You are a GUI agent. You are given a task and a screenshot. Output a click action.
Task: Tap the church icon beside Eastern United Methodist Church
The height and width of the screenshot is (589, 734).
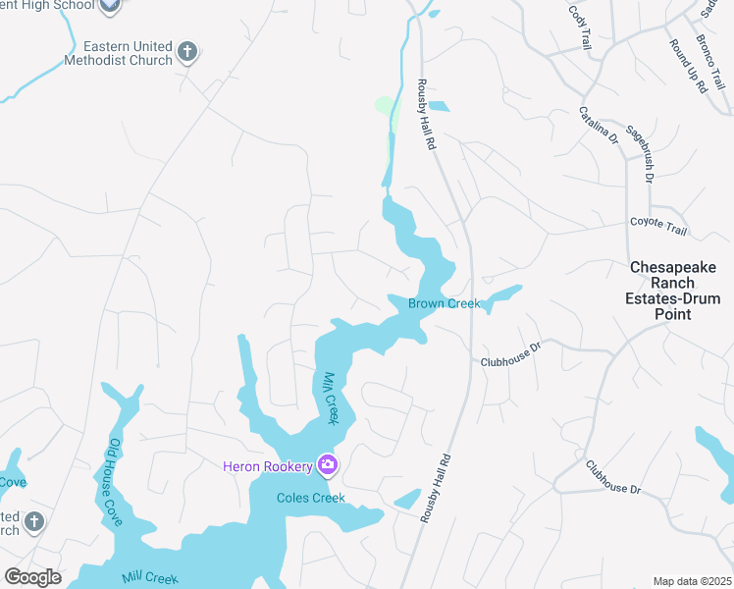pos(188,52)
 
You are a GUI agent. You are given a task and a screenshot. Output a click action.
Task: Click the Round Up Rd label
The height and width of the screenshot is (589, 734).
pos(689,67)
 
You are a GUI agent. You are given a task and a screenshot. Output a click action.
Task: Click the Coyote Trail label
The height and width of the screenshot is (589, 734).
pos(657,226)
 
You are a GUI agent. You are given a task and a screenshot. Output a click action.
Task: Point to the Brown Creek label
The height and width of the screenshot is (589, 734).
pos(445,303)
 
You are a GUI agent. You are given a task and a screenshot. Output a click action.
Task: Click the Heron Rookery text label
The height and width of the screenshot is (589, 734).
pos(268,465)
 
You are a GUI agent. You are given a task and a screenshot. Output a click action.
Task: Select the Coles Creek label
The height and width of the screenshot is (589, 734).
pos(311,498)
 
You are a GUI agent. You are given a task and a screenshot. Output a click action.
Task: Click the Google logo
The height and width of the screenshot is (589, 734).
pos(32,577)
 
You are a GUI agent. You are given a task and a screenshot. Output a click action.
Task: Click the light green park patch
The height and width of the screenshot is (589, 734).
pos(386,106)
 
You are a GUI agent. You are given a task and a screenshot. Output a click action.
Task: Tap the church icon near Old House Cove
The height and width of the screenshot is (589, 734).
pos(34,520)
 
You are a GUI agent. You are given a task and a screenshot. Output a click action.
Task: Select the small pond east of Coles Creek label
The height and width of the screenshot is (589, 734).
pos(407,499)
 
